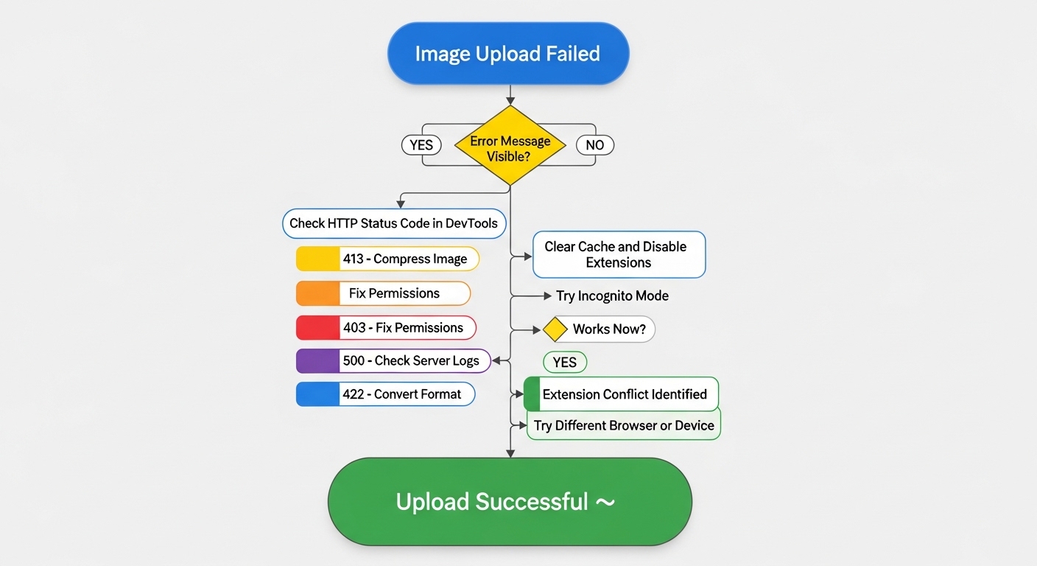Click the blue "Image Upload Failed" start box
(508, 53)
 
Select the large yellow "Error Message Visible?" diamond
(510, 145)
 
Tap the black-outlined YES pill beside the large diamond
(421, 145)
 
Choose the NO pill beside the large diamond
(594, 145)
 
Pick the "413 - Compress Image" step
(404, 259)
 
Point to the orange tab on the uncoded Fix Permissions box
(317, 293)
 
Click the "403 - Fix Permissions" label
(403, 328)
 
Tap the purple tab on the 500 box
(317, 361)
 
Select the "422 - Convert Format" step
(401, 394)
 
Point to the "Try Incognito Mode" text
(612, 296)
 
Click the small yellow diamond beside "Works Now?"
(555, 329)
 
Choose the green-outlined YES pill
(565, 363)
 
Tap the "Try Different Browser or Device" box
(624, 426)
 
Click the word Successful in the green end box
(532, 502)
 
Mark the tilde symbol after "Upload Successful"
(605, 502)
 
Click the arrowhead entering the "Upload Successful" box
(510, 453)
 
